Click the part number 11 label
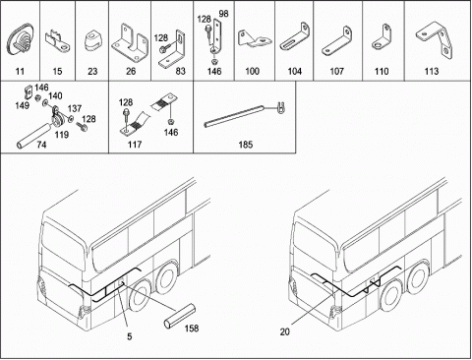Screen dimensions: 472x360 (20, 71)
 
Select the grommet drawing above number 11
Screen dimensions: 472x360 (20, 40)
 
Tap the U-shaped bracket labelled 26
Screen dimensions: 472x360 (130, 42)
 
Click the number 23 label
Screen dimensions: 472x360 (92, 71)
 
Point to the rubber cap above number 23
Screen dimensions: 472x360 (92, 41)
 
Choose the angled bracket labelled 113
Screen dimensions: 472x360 (435, 38)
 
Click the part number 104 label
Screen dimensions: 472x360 (294, 71)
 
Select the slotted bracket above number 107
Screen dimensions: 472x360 (336, 41)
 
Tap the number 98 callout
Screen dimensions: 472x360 (223, 14)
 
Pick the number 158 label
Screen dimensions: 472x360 (192, 328)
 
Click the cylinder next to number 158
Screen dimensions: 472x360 (179, 317)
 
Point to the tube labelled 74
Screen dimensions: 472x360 (33, 136)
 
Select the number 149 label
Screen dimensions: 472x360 (23, 105)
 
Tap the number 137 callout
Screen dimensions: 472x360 (75, 108)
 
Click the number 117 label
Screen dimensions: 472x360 (135, 145)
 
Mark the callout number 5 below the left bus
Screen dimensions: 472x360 (130, 336)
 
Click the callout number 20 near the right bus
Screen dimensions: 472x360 (285, 331)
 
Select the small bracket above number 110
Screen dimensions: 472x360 (382, 37)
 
